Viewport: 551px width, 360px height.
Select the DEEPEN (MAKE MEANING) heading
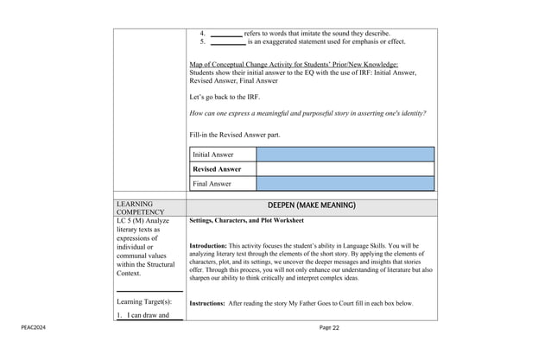pos(312,205)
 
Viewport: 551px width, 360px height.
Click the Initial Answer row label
pos(212,155)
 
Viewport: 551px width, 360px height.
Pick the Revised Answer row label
pos(217,169)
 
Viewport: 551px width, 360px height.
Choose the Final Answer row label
pos(212,184)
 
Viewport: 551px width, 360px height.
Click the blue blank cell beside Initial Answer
pos(345,155)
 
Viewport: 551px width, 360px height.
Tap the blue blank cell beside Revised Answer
pos(345,169)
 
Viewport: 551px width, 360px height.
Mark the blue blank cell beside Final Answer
pos(345,184)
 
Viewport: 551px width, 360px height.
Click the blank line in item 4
pos(226,33)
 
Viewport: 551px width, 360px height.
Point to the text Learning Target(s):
pos(143,302)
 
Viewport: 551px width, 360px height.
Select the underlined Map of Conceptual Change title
pos(294,65)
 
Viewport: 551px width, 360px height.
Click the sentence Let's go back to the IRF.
pos(224,97)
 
